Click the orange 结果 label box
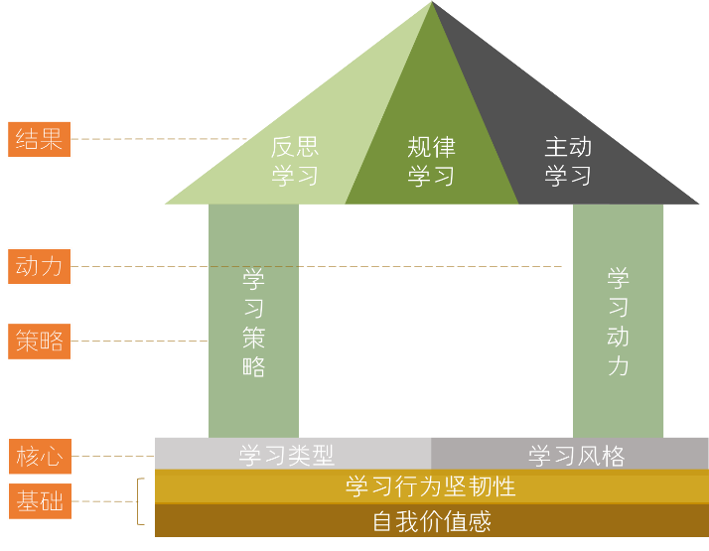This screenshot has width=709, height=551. click(40, 139)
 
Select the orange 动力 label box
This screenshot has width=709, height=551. click(40, 266)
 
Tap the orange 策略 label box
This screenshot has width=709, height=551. click(40, 342)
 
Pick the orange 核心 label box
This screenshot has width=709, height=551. click(40, 457)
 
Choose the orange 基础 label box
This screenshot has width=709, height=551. click(40, 502)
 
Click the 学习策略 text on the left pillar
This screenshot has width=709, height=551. click(253, 322)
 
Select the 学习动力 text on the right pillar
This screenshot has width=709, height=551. click(618, 322)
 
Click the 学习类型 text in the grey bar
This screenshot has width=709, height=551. click(287, 456)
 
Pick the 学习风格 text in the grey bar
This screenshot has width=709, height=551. click(576, 456)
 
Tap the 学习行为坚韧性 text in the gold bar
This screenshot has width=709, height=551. click(431, 486)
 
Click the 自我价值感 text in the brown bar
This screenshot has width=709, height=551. click(431, 520)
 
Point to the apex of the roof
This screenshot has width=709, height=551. click(432, 4)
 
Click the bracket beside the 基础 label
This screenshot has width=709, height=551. click(140, 501)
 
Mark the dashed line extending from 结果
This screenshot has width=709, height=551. click(159, 139)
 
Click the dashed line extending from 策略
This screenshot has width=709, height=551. click(139, 342)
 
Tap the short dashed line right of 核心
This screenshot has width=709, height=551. click(113, 457)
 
